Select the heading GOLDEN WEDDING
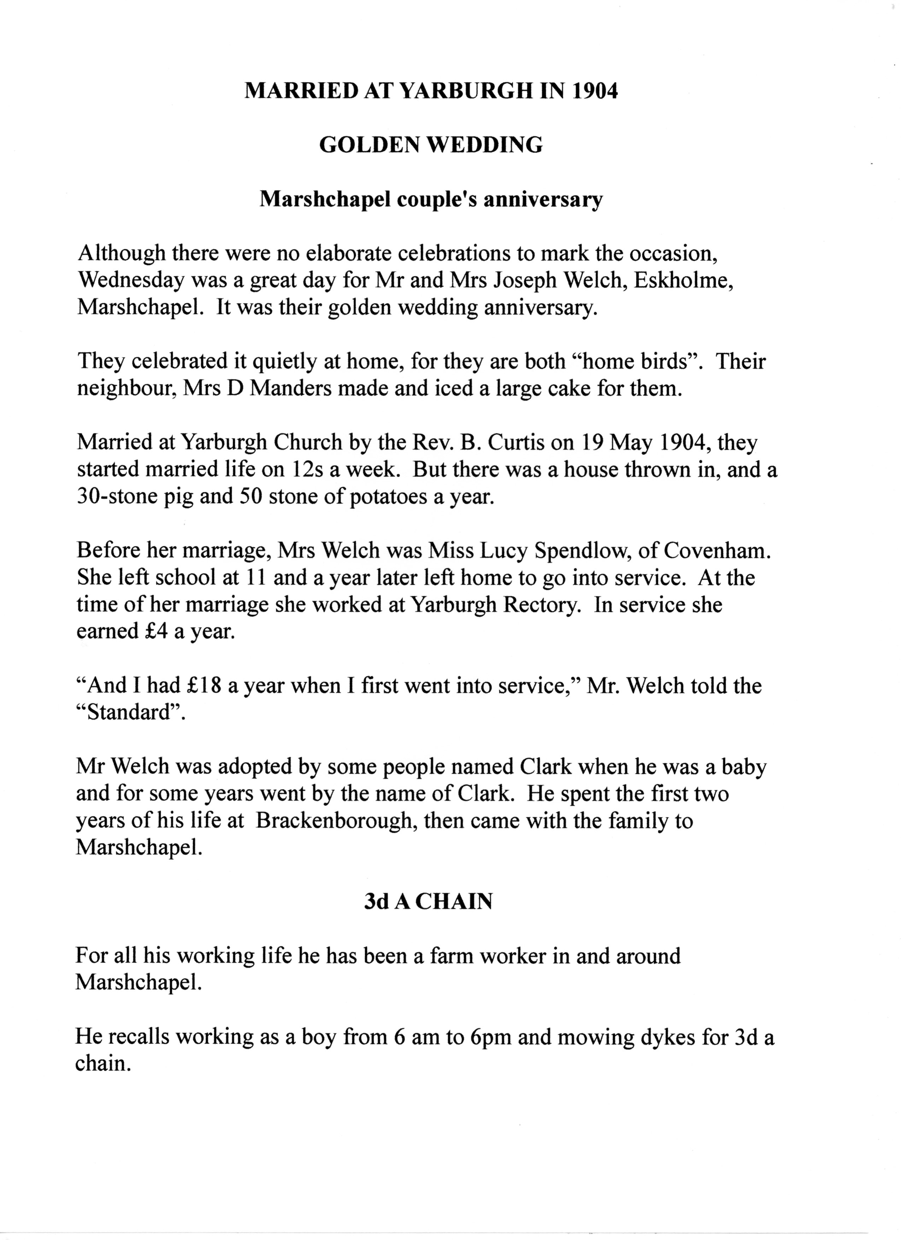click(431, 145)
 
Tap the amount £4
click(154, 631)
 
